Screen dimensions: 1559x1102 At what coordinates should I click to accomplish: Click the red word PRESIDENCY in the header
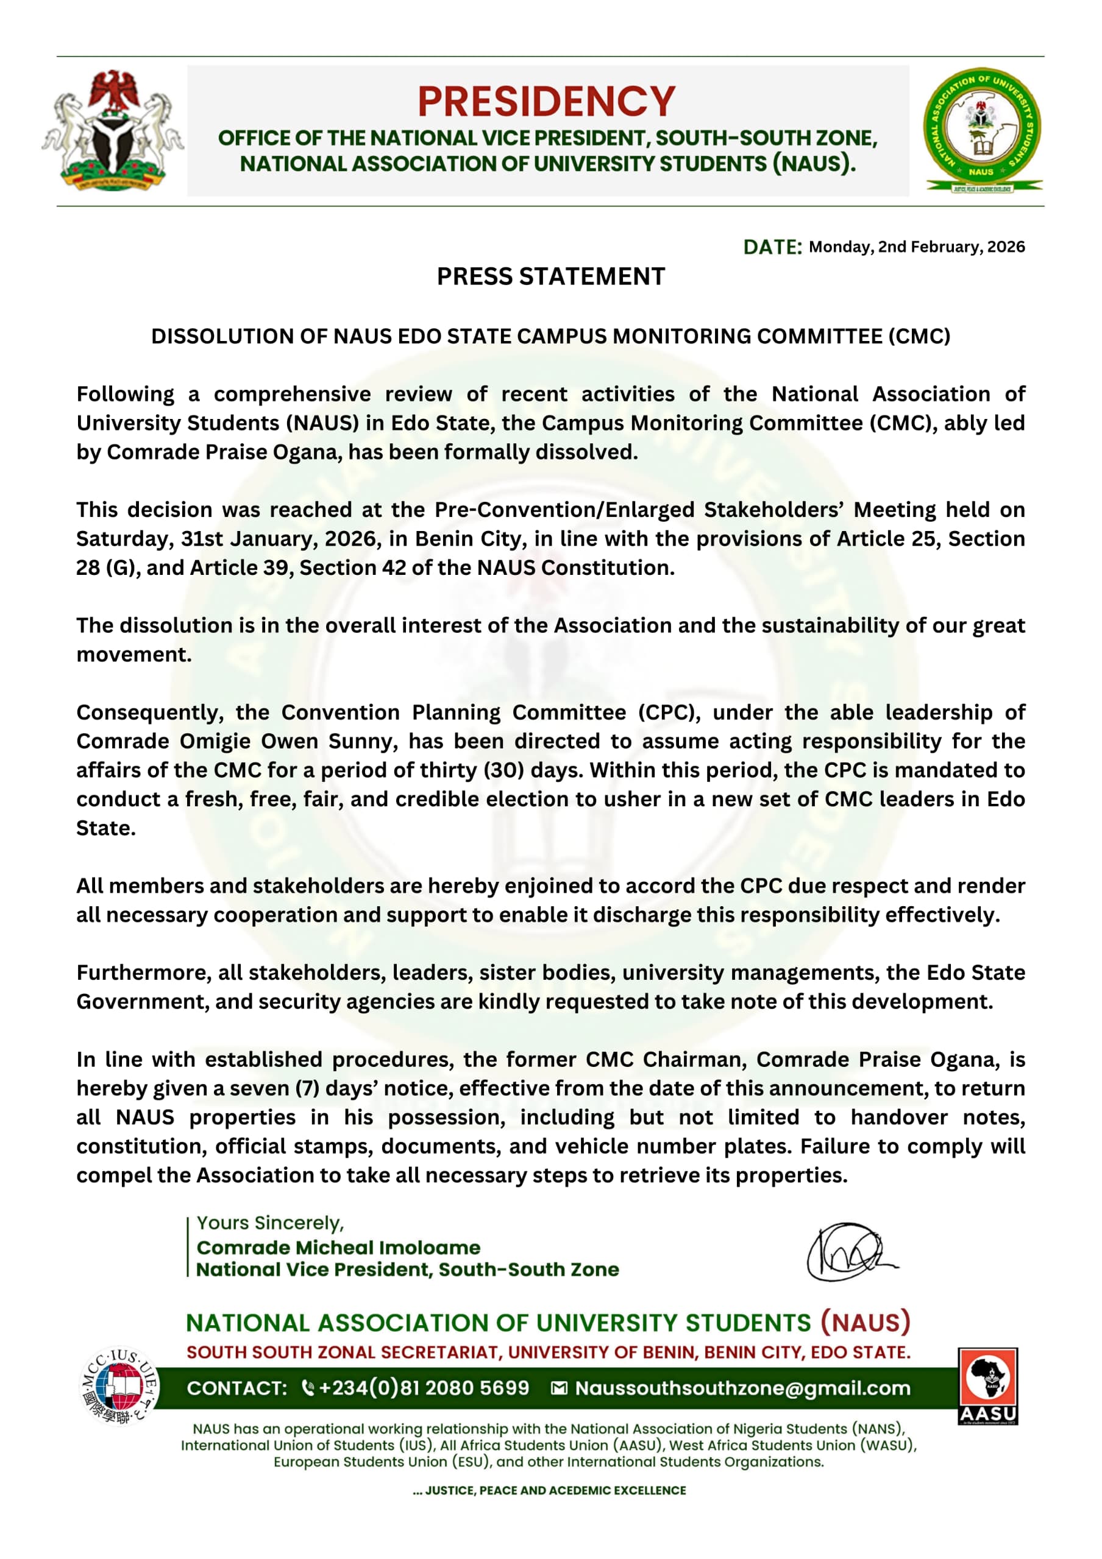pyautogui.click(x=546, y=102)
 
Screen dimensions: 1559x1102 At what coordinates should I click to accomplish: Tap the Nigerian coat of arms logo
pyautogui.click(x=112, y=130)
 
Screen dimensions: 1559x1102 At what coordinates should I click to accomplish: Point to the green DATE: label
pyautogui.click(x=772, y=247)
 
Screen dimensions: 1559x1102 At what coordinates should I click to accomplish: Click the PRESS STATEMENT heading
pyautogui.click(x=550, y=277)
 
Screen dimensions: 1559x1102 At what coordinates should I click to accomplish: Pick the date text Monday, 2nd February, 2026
pyautogui.click(x=917, y=247)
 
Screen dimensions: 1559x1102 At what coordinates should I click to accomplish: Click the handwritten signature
pyautogui.click(x=849, y=1251)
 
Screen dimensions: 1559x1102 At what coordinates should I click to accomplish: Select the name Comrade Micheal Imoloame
pyautogui.click(x=338, y=1247)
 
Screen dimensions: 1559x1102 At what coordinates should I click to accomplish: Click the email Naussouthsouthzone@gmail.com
pyautogui.click(x=742, y=1388)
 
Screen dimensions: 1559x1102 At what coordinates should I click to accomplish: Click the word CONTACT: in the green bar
pyautogui.click(x=237, y=1388)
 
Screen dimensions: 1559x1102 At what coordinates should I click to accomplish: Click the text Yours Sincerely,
pyautogui.click(x=271, y=1223)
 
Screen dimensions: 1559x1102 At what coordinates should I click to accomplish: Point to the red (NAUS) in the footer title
pyautogui.click(x=865, y=1323)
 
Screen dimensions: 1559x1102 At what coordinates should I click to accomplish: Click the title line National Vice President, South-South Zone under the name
pyautogui.click(x=408, y=1270)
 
